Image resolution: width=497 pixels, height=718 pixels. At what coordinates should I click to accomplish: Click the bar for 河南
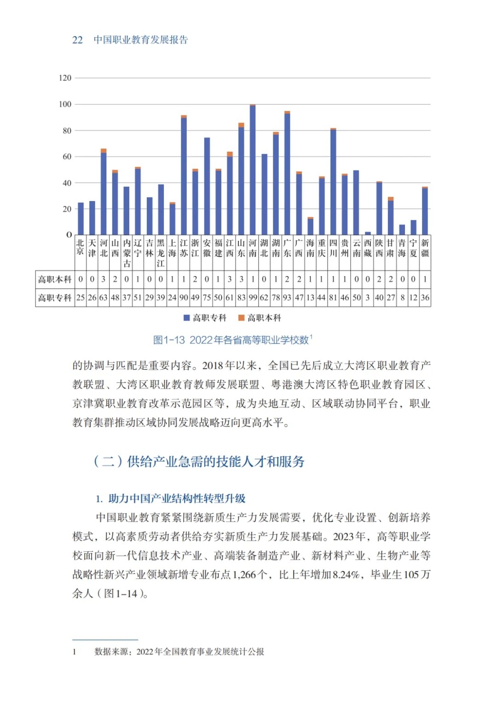pyautogui.click(x=253, y=170)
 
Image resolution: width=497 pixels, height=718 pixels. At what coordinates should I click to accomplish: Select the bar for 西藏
pyautogui.click(x=368, y=233)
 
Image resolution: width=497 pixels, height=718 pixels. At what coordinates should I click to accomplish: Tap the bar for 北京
pyautogui.click(x=81, y=219)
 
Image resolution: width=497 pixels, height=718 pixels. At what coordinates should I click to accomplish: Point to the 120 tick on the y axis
pyautogui.click(x=65, y=78)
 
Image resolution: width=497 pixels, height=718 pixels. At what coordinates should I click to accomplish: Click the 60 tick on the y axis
pyautogui.click(x=67, y=157)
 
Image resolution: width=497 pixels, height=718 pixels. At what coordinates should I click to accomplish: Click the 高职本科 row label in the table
pyautogui.click(x=55, y=279)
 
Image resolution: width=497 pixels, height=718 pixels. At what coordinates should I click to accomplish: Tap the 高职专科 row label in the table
pyautogui.click(x=55, y=298)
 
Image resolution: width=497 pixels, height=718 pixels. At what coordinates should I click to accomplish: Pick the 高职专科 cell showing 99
pyautogui.click(x=253, y=298)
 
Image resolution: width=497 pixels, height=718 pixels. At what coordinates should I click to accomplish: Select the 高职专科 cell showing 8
pyautogui.click(x=402, y=298)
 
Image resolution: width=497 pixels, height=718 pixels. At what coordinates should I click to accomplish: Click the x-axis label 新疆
pyautogui.click(x=425, y=248)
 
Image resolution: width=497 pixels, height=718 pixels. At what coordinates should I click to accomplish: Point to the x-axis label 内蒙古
pyautogui.click(x=127, y=253)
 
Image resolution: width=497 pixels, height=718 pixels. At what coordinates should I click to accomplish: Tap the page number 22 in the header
pyautogui.click(x=77, y=40)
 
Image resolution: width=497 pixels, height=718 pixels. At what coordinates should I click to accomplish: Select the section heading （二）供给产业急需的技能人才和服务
pyautogui.click(x=199, y=461)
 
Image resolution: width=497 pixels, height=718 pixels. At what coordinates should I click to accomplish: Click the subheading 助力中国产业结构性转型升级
pyautogui.click(x=177, y=499)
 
